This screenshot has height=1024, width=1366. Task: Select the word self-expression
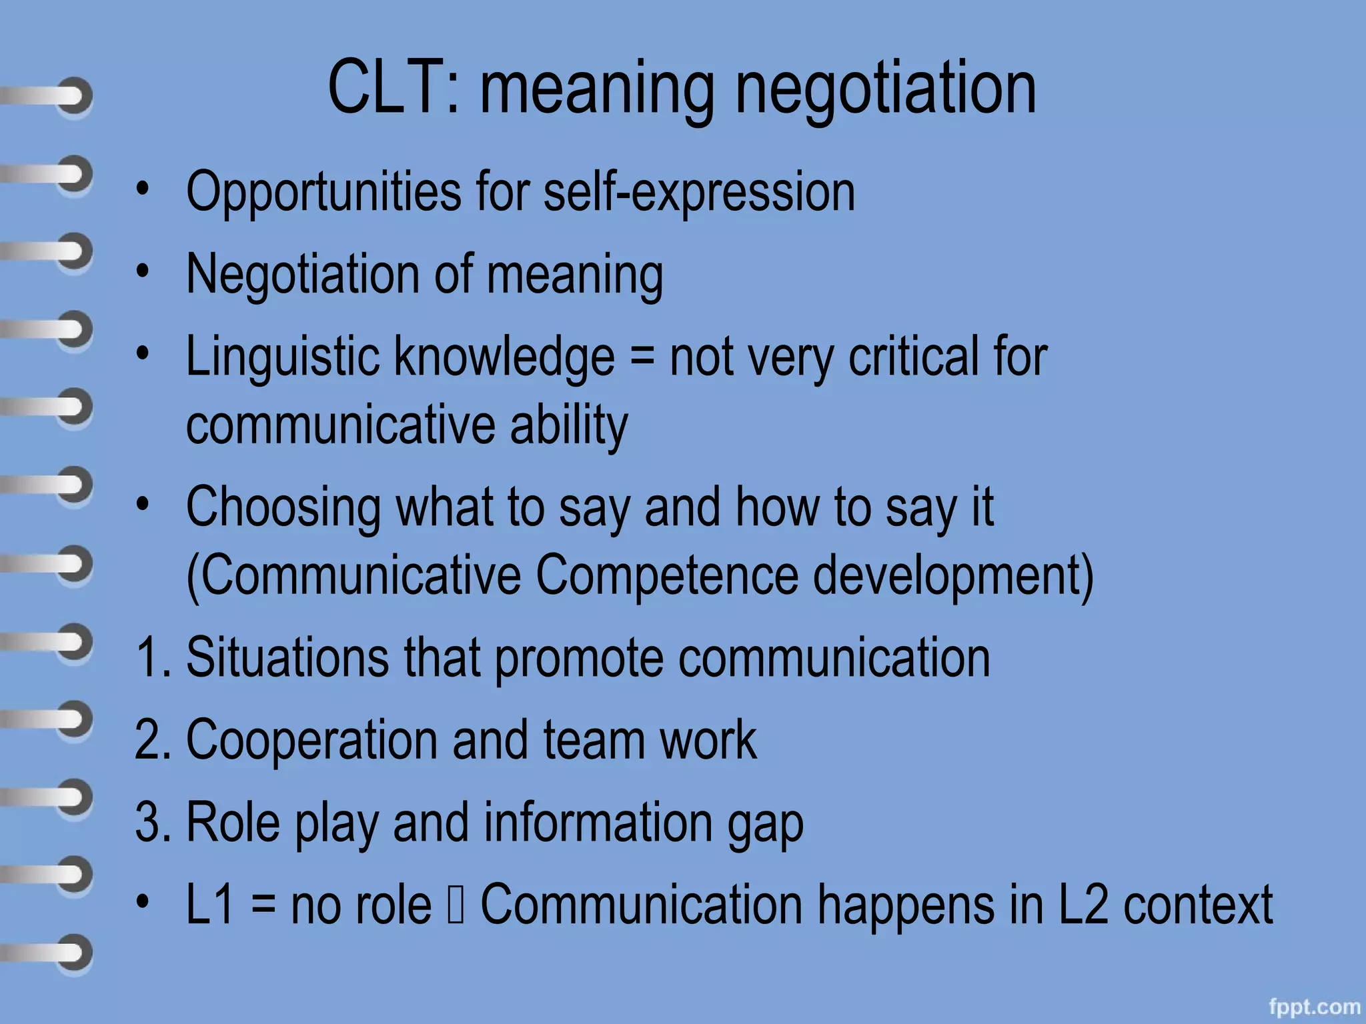[699, 193]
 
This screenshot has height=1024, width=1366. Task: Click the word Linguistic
[282, 357]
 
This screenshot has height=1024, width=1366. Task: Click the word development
[952, 576]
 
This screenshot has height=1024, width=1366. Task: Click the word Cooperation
[311, 741]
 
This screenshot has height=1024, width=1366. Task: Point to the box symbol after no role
[456, 905]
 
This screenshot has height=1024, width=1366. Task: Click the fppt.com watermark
[1314, 1007]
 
